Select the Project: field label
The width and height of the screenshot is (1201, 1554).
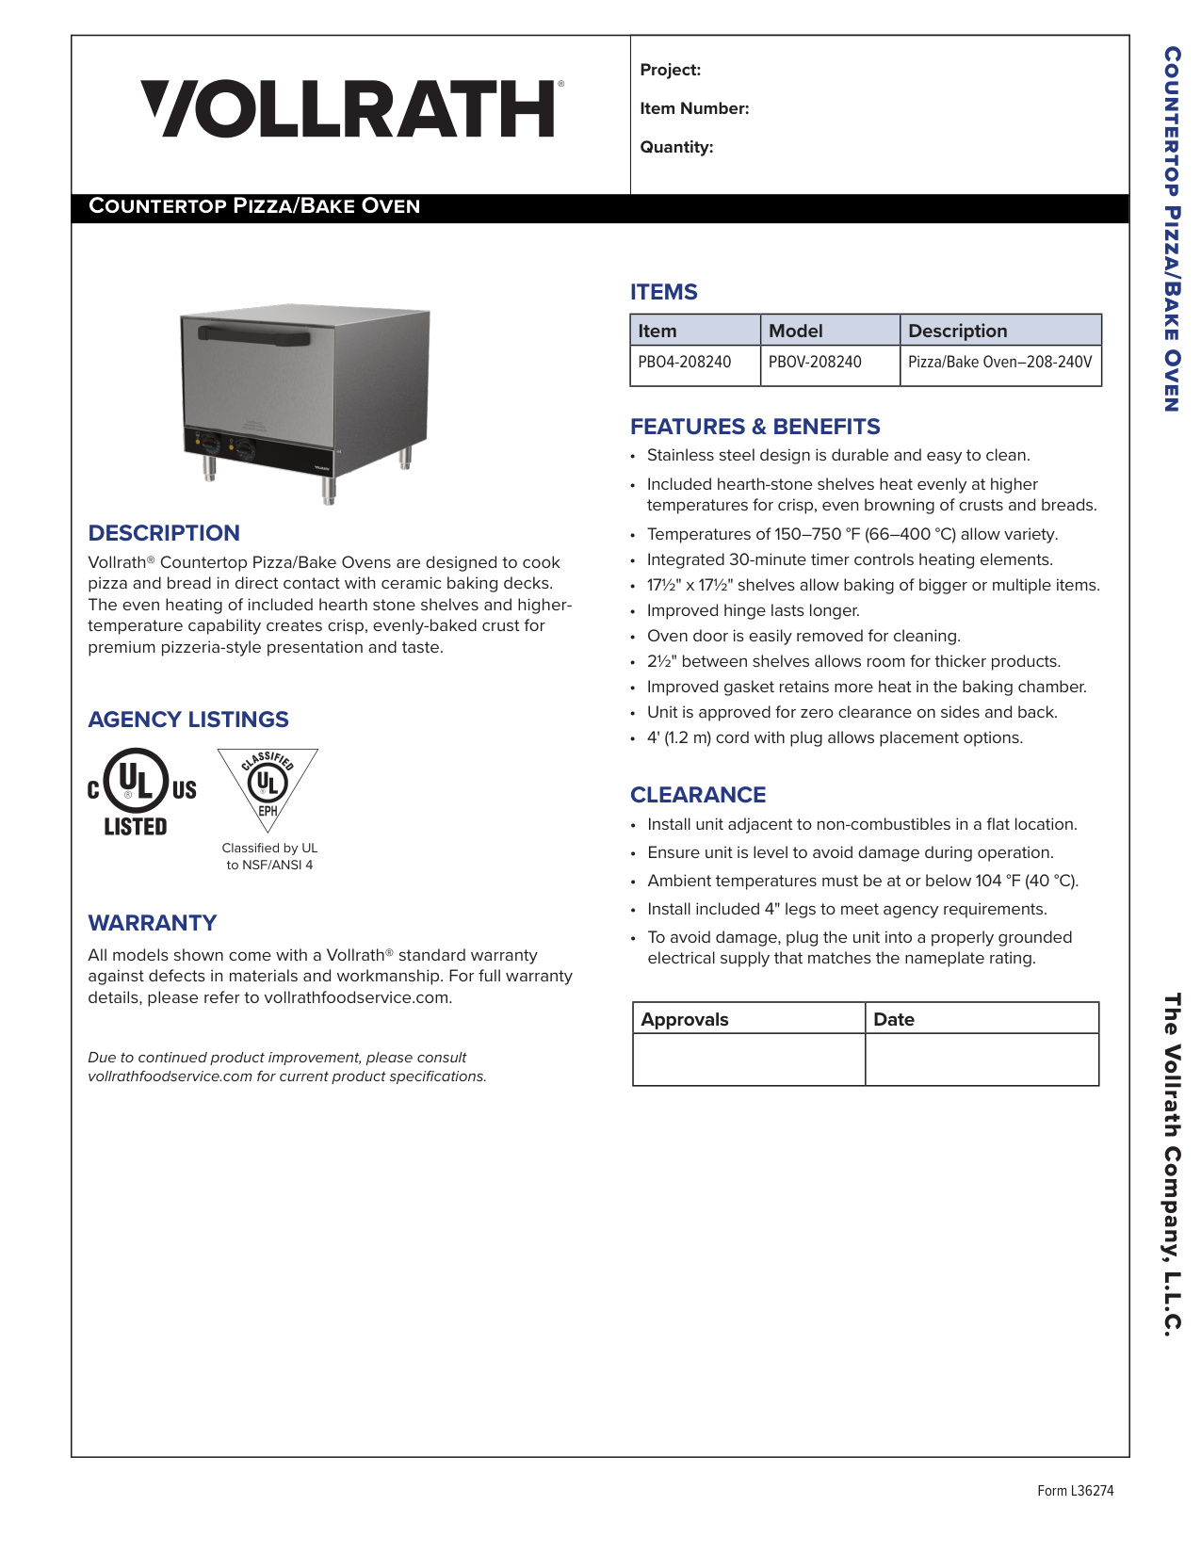tap(670, 70)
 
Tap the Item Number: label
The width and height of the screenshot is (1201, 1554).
tap(694, 108)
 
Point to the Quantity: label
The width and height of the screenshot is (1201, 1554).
tap(676, 147)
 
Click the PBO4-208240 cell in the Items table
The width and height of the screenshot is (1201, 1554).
tap(685, 362)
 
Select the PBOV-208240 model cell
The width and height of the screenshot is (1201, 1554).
tap(815, 362)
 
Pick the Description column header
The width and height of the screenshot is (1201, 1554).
tap(957, 331)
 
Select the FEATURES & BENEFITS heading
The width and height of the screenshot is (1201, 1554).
tap(755, 427)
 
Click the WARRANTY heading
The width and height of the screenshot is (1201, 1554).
tap(153, 923)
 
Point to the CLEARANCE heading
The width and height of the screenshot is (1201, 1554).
tap(698, 795)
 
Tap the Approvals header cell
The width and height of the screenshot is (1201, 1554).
tap(685, 1019)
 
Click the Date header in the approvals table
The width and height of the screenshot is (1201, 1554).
tap(894, 1019)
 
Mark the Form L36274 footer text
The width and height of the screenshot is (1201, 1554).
tap(1075, 1490)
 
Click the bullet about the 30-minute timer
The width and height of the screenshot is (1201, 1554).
tap(849, 559)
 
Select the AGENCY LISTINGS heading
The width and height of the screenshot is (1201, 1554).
tap(188, 720)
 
